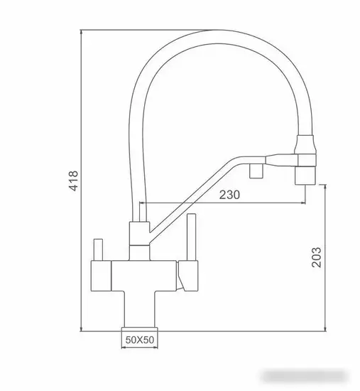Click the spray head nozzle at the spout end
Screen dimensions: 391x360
pos(305,171)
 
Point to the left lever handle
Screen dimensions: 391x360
pos(99,248)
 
